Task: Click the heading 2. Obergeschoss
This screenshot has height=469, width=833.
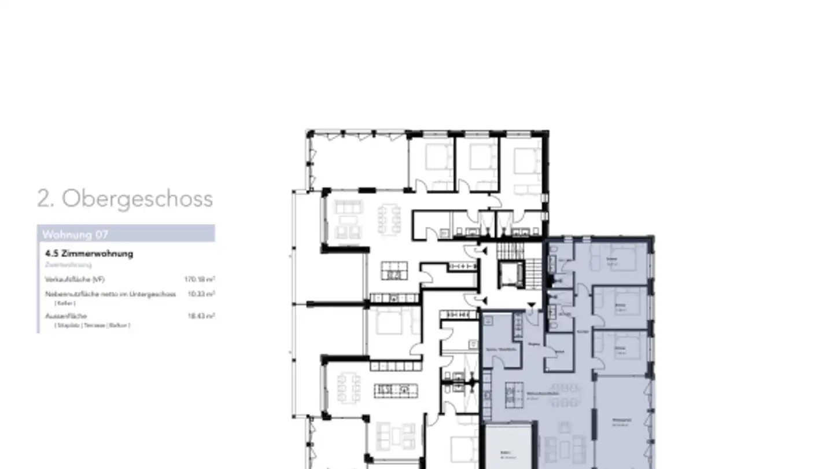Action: tap(125, 199)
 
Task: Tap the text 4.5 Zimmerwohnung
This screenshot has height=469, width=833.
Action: tap(89, 254)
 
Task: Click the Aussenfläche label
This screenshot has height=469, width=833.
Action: tap(66, 316)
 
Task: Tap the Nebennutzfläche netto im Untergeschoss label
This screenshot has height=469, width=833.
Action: tap(110, 294)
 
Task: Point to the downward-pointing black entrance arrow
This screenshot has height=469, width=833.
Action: tap(531, 305)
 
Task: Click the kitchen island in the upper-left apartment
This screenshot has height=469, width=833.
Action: tap(394, 270)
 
